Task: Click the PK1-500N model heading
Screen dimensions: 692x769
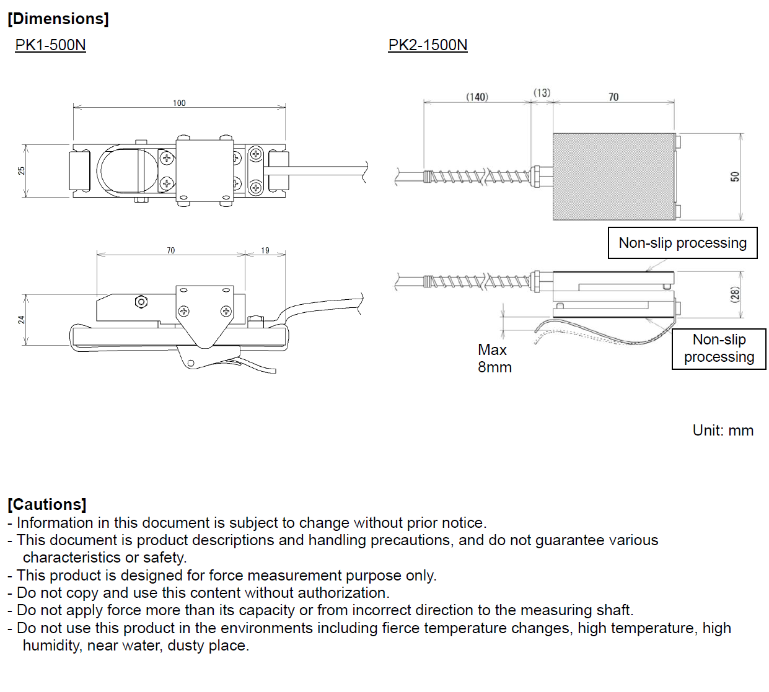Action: pyautogui.click(x=50, y=45)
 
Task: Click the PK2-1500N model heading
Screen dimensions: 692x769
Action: pyautogui.click(x=428, y=45)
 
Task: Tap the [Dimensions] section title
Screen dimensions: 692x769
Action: pyautogui.click(x=58, y=19)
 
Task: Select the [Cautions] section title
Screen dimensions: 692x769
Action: pyautogui.click(x=47, y=504)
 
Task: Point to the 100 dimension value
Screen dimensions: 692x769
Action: pyautogui.click(x=179, y=103)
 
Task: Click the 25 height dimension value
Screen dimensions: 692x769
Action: pyautogui.click(x=22, y=170)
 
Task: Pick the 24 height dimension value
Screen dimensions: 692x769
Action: pyautogui.click(x=22, y=320)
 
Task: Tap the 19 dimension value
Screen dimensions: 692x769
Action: pyautogui.click(x=265, y=250)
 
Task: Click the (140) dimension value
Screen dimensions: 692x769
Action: pyautogui.click(x=477, y=97)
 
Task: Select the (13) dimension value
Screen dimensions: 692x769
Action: pyautogui.click(x=542, y=93)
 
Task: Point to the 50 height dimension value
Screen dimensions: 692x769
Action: pyautogui.click(x=735, y=177)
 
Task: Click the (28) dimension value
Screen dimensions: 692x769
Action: pyautogui.click(x=735, y=294)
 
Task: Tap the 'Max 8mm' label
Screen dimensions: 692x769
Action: pyautogui.click(x=494, y=359)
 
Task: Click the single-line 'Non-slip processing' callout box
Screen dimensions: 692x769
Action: pyautogui.click(x=682, y=243)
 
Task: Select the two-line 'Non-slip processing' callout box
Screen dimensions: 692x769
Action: pyautogui.click(x=719, y=349)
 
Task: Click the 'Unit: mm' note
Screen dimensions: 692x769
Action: pyautogui.click(x=723, y=431)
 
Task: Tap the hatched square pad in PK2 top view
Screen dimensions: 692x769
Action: pyautogui.click(x=613, y=177)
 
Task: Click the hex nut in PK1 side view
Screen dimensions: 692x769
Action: pyautogui.click(x=141, y=302)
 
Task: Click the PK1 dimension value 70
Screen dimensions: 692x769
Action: pyautogui.click(x=171, y=250)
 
